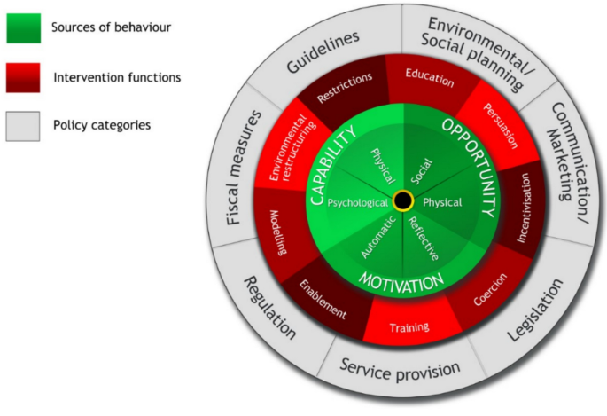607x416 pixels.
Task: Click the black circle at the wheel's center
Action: (x=403, y=200)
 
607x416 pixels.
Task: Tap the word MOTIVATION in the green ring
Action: (x=401, y=281)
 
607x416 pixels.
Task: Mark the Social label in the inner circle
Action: (x=423, y=165)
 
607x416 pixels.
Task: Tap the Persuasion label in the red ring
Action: (x=501, y=116)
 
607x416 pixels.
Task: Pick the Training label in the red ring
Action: (x=409, y=327)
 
